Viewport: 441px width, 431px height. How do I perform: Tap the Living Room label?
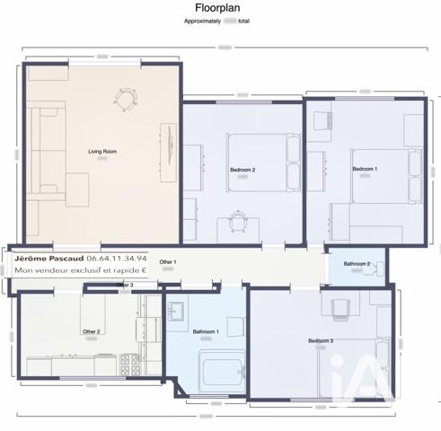point(101,152)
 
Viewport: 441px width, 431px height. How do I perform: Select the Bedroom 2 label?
point(243,169)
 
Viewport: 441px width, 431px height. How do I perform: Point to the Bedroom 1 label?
point(364,169)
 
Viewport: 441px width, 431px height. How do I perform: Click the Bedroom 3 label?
point(321,340)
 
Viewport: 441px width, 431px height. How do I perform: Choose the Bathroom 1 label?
point(206,332)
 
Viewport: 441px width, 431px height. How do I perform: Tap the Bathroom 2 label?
point(357,264)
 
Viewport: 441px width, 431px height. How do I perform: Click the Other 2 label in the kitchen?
point(91,331)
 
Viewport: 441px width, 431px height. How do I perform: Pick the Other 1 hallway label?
point(168,262)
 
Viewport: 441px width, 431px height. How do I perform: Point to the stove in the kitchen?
point(128,363)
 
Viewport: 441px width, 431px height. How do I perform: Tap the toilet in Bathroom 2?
point(380,268)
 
